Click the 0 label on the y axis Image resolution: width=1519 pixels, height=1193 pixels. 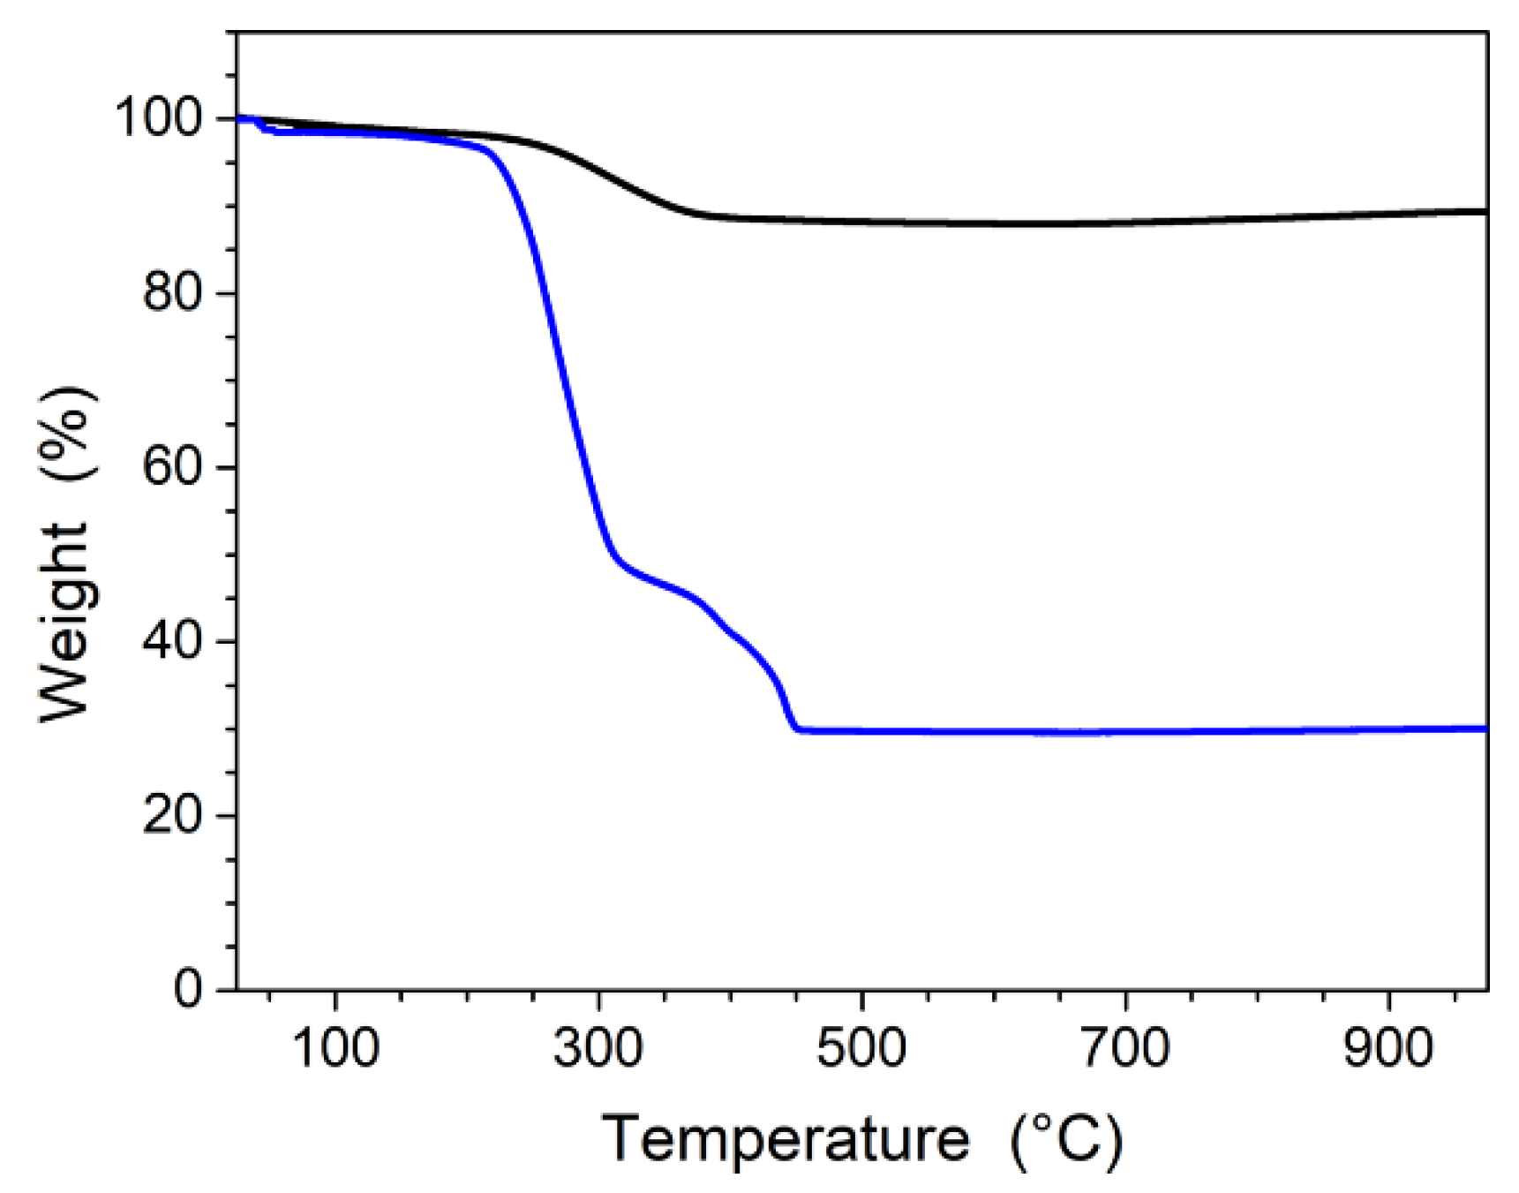point(187,989)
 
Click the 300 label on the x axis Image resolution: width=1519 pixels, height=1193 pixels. point(598,1048)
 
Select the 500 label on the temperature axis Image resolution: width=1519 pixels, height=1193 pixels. point(861,1048)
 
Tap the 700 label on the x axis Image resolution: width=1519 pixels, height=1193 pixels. point(1125,1048)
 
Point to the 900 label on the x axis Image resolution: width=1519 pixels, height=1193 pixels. point(1388,1048)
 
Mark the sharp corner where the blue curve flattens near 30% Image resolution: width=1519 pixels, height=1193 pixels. point(798,729)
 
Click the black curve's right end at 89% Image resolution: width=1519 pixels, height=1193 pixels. point(1485,211)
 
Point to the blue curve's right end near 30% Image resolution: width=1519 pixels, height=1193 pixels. point(1485,729)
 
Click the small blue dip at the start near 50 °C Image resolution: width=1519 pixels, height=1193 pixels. point(266,130)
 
